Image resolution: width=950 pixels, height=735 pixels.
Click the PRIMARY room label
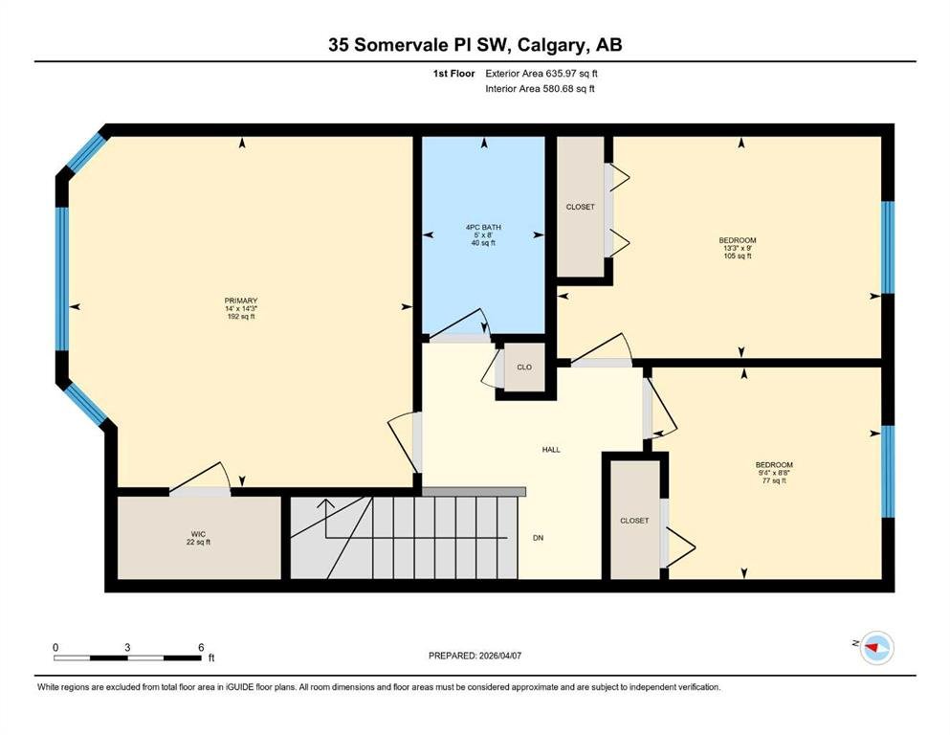(241, 301)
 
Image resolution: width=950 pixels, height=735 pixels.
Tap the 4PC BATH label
(483, 227)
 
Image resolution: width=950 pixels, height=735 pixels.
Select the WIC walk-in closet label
(198, 534)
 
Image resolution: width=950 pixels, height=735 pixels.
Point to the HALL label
(551, 450)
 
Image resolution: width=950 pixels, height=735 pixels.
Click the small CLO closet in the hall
(524, 367)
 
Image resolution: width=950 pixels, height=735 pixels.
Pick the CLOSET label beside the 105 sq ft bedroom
(581, 207)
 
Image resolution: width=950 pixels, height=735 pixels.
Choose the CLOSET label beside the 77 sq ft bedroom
(634, 521)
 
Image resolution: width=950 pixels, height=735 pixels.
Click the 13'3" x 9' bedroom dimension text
(738, 248)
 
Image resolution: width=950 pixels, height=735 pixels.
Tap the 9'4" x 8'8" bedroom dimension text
(774, 473)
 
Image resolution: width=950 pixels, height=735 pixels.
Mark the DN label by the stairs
(538, 538)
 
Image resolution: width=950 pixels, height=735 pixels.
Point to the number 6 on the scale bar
(201, 647)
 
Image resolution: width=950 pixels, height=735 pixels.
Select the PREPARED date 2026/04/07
(499, 656)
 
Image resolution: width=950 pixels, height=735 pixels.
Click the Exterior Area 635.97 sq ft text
(541, 74)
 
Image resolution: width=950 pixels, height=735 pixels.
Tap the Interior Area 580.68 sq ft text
(540, 88)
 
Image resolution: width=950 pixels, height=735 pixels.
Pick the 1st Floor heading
(453, 74)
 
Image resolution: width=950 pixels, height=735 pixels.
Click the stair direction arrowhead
(326, 503)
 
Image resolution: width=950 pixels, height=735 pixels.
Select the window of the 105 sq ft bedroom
(888, 247)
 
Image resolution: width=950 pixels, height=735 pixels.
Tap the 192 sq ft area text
(241, 316)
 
